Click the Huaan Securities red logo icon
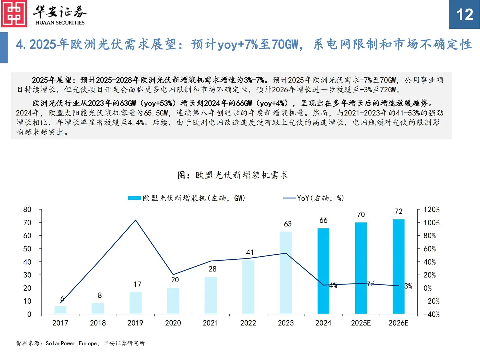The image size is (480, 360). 14,14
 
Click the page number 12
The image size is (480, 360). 464,15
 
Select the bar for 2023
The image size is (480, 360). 286,273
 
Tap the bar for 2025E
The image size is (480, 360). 361,268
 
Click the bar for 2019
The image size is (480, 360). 135,303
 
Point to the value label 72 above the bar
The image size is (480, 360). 398,211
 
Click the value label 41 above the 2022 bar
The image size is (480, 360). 250,252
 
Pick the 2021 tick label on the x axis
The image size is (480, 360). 210,323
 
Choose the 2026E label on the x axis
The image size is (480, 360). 398,323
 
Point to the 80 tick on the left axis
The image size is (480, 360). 27,210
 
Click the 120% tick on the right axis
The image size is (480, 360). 431,210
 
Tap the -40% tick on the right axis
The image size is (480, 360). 431,314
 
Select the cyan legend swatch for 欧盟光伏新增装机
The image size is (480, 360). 134,198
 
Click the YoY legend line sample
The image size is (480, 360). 289,198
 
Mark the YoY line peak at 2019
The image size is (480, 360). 135,220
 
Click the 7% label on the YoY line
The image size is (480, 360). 371,284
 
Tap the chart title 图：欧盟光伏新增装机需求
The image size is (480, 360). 233,175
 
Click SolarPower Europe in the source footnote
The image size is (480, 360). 72,343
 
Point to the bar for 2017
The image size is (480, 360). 60,310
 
